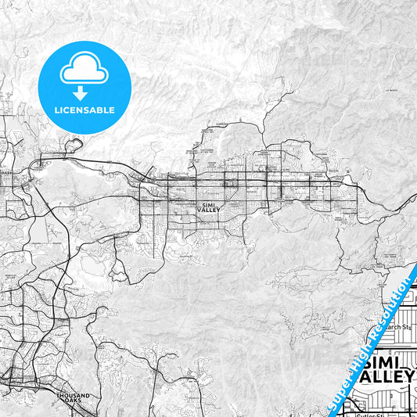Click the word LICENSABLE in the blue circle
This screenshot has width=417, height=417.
click(84, 109)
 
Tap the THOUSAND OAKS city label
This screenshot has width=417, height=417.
click(74, 398)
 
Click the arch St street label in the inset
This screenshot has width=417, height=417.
click(398, 327)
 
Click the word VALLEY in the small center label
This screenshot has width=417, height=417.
click(209, 210)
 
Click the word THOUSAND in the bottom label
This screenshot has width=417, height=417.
click(74, 396)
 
